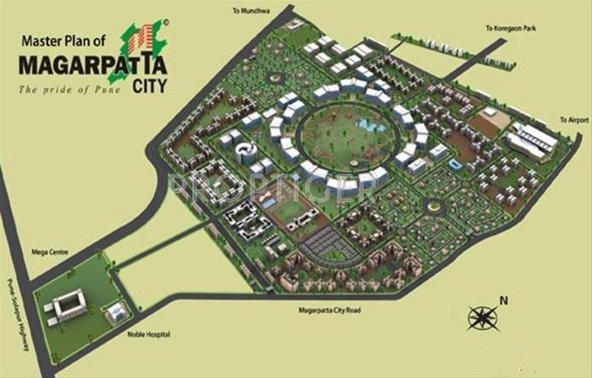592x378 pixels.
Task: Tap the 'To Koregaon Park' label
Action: point(510,28)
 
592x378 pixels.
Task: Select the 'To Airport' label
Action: point(574,120)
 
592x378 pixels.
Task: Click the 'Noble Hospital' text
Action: point(148,334)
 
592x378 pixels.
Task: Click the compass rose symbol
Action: point(483,316)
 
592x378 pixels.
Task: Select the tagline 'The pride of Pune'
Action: point(71,89)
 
